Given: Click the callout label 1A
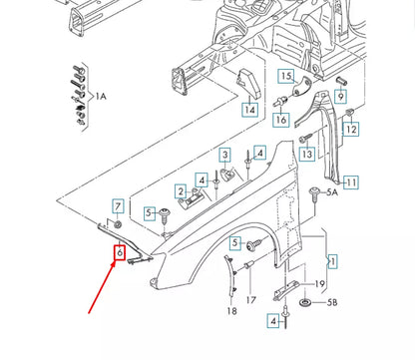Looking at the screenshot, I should click(x=100, y=96).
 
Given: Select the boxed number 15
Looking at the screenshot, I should click(x=286, y=77).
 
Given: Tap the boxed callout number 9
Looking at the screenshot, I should click(x=340, y=97).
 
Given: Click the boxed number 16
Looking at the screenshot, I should click(x=280, y=120).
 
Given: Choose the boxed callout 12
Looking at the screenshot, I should click(x=350, y=129).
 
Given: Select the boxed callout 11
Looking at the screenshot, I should click(x=350, y=182).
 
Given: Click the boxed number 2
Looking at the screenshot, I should click(x=181, y=192).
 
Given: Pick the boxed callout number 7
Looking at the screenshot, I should click(x=118, y=206).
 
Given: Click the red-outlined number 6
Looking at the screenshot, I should click(x=119, y=254).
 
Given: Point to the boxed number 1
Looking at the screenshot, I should click(x=332, y=260).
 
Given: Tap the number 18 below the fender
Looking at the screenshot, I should click(x=231, y=310).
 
